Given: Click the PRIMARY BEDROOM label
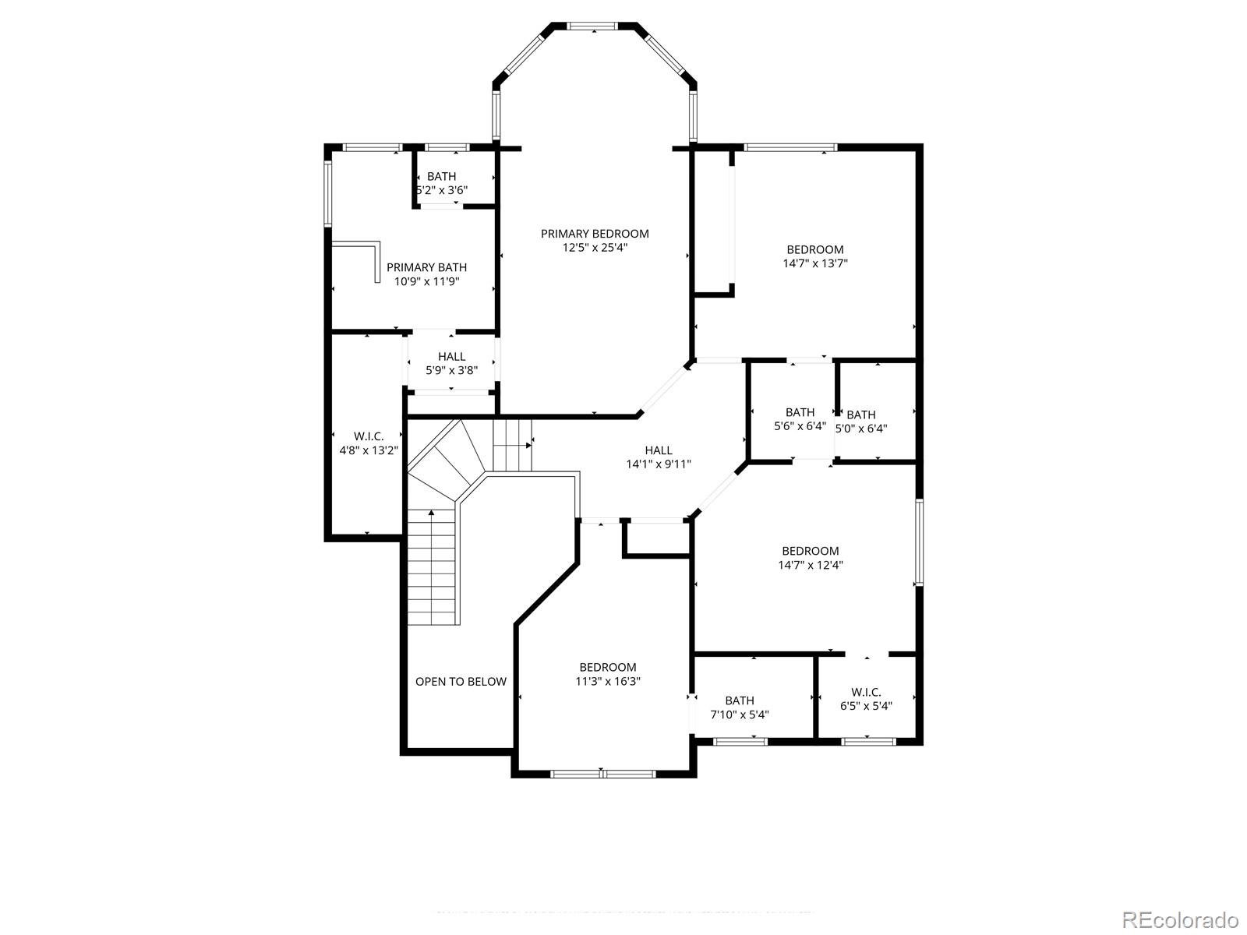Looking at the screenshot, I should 595,234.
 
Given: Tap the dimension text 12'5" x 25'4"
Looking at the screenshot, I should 595,248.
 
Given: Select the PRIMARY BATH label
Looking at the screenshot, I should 426,267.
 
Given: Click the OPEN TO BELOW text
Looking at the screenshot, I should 461,682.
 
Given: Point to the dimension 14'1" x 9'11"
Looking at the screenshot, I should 659,464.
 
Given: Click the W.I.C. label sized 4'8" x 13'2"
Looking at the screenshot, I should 369,436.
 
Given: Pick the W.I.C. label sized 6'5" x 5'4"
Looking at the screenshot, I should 866,692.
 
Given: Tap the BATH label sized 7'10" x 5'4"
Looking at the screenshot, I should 740,700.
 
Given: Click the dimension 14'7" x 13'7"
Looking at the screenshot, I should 815,263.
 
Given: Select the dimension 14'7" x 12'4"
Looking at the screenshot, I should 811,565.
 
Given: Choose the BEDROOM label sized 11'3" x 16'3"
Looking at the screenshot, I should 608,667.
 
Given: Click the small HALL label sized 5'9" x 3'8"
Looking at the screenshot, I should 451,357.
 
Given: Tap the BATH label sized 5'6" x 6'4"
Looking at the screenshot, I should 800,412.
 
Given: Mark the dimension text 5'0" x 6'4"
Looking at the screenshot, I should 861,428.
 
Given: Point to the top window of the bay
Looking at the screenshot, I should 593,26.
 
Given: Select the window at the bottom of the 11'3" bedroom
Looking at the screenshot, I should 602,774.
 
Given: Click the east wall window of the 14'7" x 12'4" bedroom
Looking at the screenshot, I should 919,542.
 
